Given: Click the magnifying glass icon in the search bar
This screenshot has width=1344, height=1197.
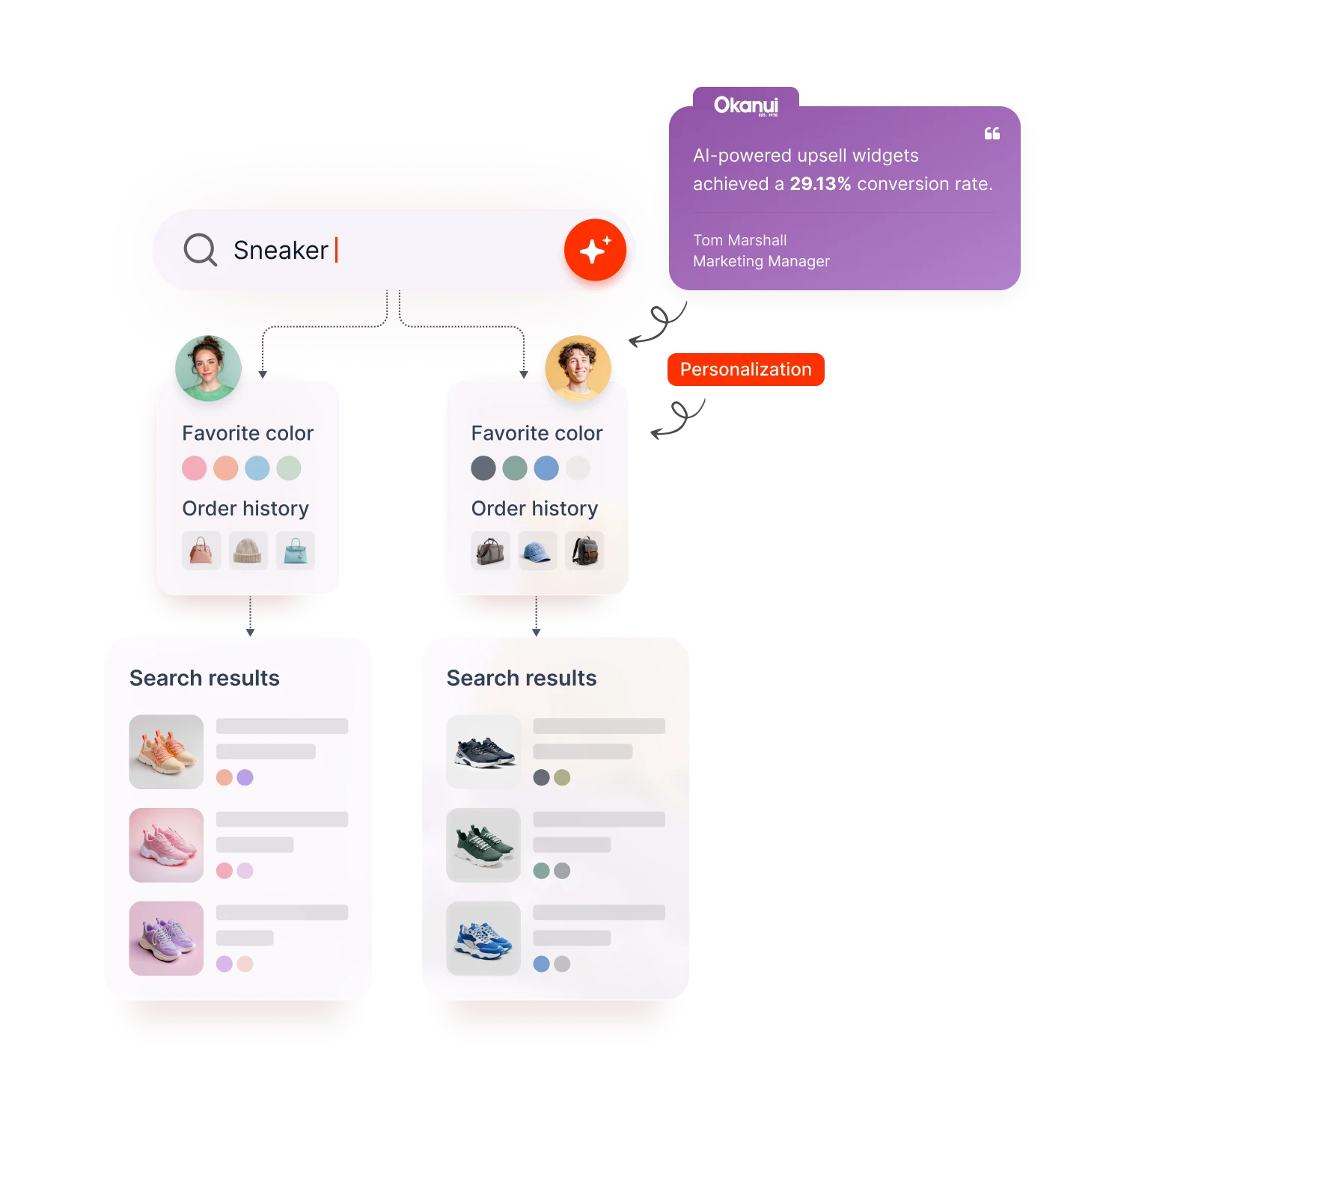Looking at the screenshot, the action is tap(200, 250).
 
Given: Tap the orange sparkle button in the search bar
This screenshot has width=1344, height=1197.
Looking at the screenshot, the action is tap(595, 250).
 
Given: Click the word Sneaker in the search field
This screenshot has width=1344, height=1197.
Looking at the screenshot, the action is tap(281, 250).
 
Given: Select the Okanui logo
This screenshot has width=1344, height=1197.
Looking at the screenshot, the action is tap(746, 105).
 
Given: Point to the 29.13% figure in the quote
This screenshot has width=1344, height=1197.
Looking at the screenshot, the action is tap(820, 184).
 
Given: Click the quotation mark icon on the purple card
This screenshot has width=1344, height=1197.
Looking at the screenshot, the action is tap(992, 134).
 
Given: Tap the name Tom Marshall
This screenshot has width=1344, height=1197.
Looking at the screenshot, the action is tap(739, 240).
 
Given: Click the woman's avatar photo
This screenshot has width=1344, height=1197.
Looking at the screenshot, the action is tap(208, 367).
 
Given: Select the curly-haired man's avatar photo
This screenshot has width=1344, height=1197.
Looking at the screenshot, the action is tap(578, 367).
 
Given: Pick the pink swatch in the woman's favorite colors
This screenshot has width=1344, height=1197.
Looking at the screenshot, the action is tap(195, 468).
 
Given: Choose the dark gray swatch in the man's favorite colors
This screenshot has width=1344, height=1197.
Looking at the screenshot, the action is tap(483, 468).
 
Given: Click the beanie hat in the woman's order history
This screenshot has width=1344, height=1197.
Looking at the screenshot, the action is tap(248, 551).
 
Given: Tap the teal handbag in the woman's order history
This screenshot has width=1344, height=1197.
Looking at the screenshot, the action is tap(296, 551).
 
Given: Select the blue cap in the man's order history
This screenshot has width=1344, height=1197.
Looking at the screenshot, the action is tap(537, 551).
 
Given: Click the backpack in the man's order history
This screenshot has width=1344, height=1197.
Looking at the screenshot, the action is tap(584, 551).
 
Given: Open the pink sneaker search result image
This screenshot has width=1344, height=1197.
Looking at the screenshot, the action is tap(166, 845).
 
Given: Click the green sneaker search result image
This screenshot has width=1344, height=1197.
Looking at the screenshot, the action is tap(483, 845).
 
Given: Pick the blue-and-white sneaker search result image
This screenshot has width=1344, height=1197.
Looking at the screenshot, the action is tap(483, 938).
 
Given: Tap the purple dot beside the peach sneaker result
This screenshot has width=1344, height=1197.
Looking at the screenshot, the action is tap(245, 777).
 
